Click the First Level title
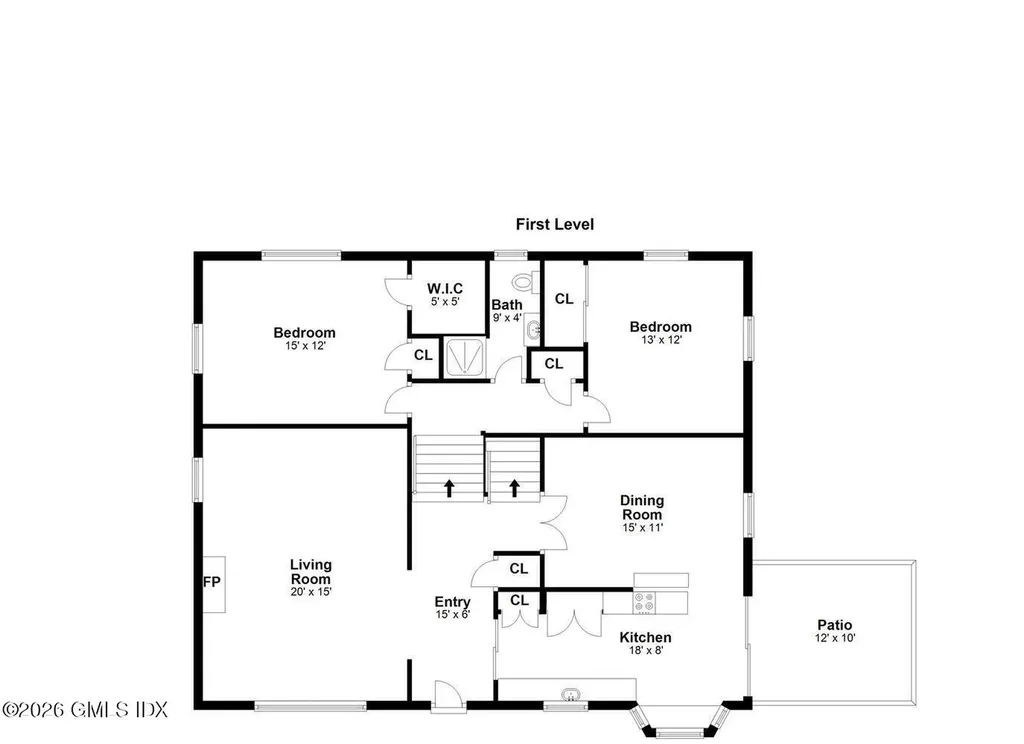554,224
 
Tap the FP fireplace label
211,582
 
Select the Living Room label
310,572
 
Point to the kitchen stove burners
645,602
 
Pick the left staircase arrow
448,488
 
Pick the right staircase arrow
515,488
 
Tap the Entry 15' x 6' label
452,608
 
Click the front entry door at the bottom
447,696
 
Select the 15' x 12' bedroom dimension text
305,345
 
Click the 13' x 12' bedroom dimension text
660,339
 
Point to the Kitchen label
646,637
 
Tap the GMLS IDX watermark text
84,709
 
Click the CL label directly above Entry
518,569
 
